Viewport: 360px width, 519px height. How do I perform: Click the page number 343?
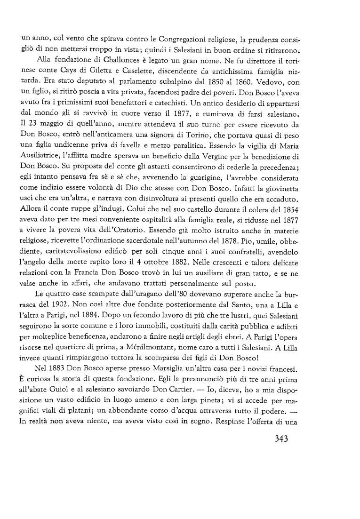(277, 440)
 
